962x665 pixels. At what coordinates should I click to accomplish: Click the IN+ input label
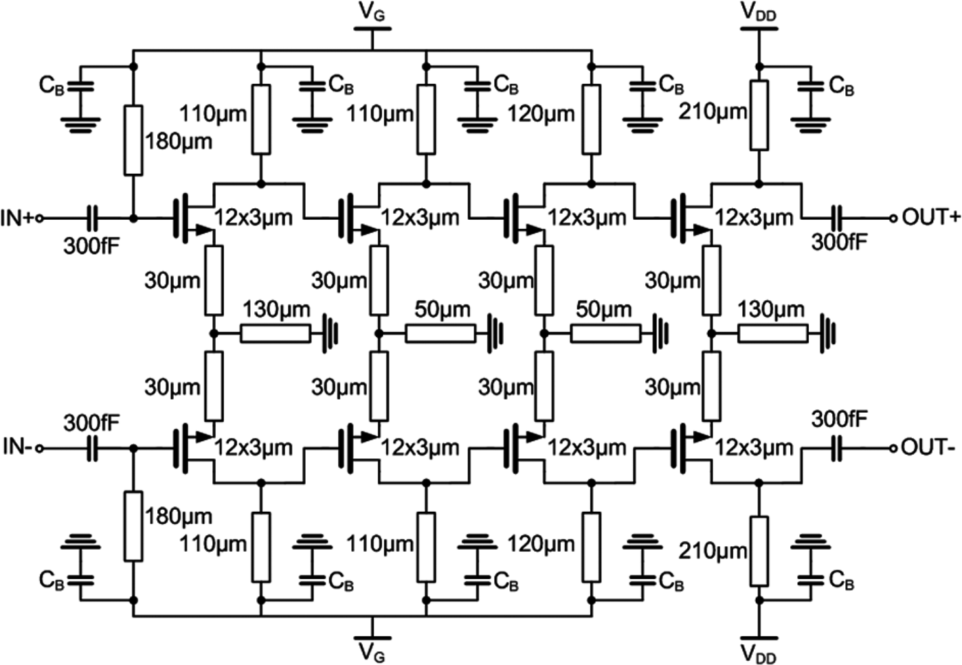(17, 218)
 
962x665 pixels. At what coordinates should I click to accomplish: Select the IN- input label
(16, 447)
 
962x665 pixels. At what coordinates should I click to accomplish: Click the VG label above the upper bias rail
(372, 12)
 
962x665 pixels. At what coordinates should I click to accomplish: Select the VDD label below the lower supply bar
(759, 653)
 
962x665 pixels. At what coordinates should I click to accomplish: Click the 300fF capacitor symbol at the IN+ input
(92, 218)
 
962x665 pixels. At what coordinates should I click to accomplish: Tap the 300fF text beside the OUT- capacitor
(839, 419)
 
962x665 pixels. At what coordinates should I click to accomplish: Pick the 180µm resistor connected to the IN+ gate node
(133, 140)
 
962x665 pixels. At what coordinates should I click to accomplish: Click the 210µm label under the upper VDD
(713, 112)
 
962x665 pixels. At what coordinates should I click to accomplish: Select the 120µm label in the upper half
(541, 113)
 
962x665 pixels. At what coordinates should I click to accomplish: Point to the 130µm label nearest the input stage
(276, 309)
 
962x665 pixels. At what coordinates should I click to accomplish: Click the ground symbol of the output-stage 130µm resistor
(828, 334)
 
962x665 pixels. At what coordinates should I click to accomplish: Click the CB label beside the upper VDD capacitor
(841, 86)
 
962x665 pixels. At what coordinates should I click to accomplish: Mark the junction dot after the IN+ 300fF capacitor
(133, 218)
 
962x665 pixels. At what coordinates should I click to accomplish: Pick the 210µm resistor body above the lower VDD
(759, 551)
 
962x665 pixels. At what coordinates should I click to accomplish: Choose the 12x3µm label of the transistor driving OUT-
(754, 447)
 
